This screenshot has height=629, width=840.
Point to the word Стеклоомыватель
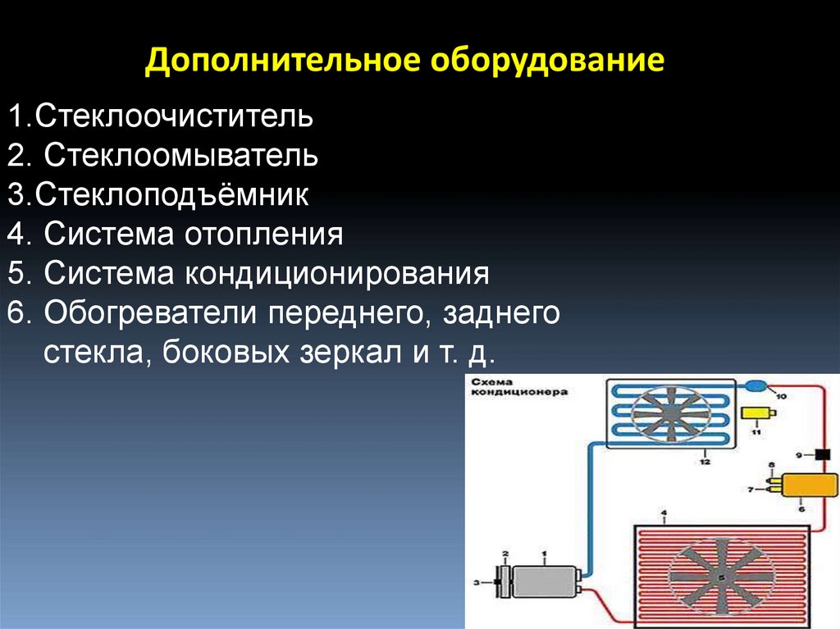pos(181,154)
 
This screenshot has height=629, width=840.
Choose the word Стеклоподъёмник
pos(172,194)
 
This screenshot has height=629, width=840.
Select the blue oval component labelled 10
pos(756,385)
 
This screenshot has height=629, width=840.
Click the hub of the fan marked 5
pos(721,577)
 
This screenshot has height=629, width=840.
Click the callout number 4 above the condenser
pos(664,514)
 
